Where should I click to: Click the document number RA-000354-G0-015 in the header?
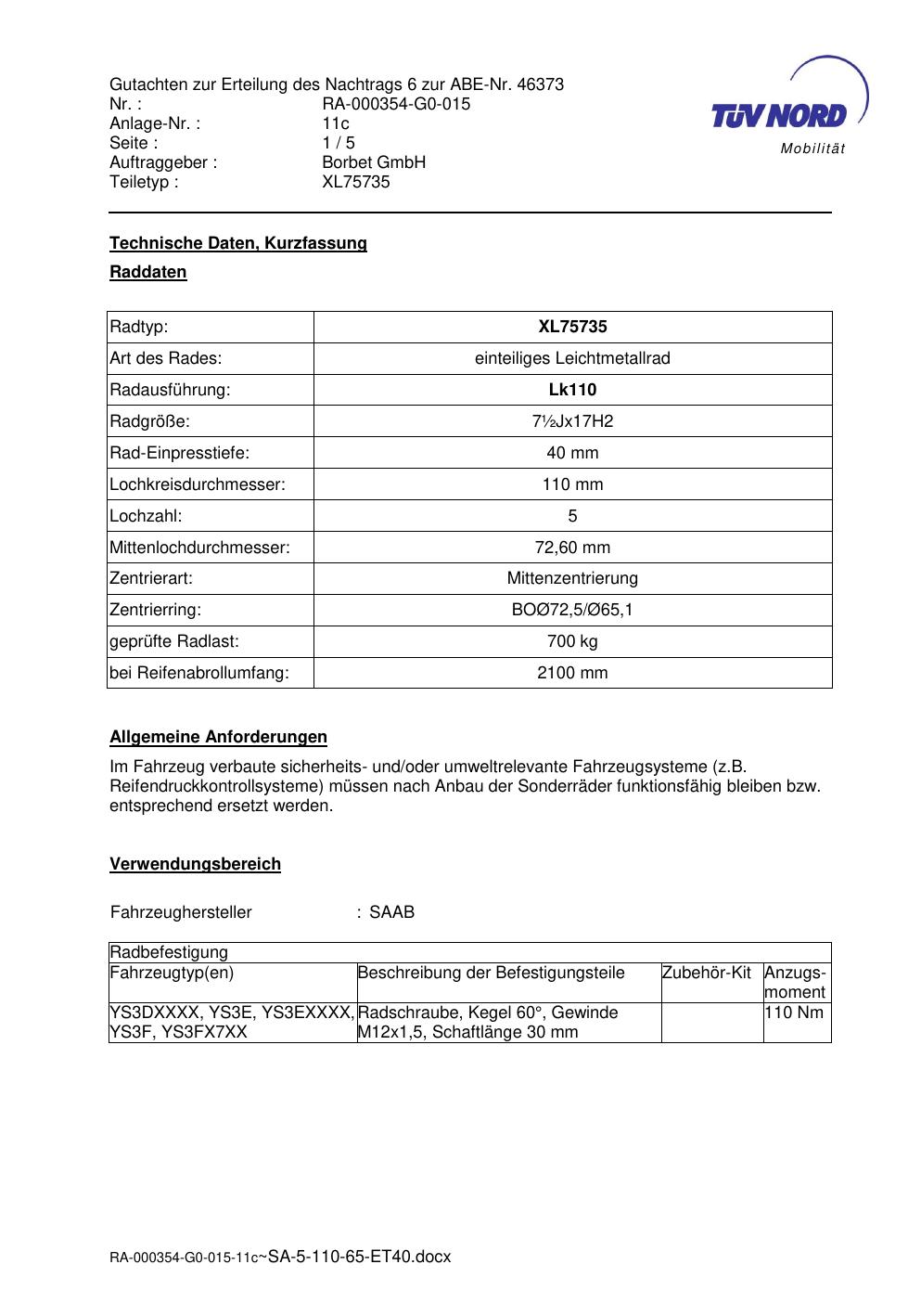point(396,104)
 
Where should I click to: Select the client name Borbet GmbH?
point(374,162)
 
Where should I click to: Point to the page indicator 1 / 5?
point(339,143)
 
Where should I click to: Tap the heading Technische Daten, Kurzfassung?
point(238,243)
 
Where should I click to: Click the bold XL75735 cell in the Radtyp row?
point(572,327)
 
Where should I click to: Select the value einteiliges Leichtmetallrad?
point(572,358)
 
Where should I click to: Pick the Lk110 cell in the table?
point(572,390)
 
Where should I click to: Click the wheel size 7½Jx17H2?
point(572,421)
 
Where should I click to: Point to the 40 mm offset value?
point(572,453)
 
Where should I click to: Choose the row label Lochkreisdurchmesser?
point(198,484)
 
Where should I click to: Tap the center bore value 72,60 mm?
point(572,548)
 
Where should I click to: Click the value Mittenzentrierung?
point(572,578)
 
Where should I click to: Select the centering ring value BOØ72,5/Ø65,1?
point(572,610)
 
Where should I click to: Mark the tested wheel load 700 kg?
point(572,641)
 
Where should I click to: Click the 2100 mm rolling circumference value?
point(572,673)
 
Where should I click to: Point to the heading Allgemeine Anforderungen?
point(218,737)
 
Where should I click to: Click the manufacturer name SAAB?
point(391,912)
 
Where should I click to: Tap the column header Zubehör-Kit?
point(706,973)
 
